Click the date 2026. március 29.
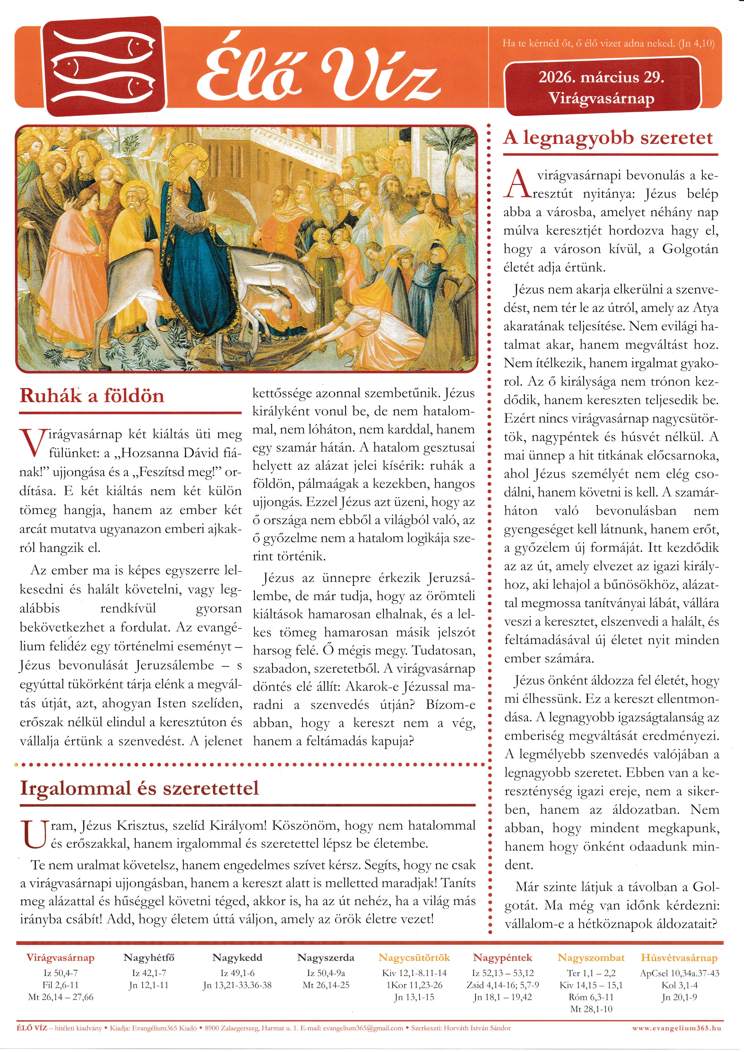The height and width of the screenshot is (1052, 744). (601, 77)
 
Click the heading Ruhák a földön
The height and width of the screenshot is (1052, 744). (92, 395)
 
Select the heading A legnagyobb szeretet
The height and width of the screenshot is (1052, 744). (608, 137)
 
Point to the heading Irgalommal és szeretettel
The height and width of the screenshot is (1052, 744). (139, 788)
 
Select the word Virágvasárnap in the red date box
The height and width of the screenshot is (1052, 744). (601, 98)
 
